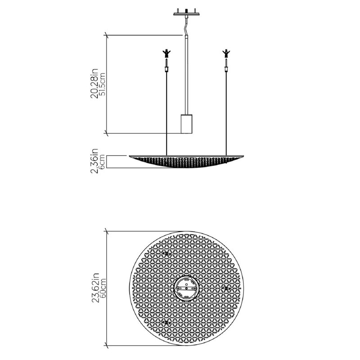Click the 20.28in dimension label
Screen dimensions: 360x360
pos(94,83)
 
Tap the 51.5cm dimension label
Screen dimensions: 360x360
pos(102,84)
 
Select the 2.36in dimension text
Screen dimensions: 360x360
pos(94,161)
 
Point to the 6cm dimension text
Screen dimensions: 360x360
pos(102,162)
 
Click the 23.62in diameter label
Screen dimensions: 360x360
pos(95,288)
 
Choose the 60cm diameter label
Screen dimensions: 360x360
pos(103,288)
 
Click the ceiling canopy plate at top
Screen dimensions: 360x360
pos(186,13)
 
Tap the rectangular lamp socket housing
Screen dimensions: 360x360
pos(186,124)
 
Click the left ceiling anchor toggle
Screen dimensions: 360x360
pos(166,54)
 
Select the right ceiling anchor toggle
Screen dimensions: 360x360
pos(226,54)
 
